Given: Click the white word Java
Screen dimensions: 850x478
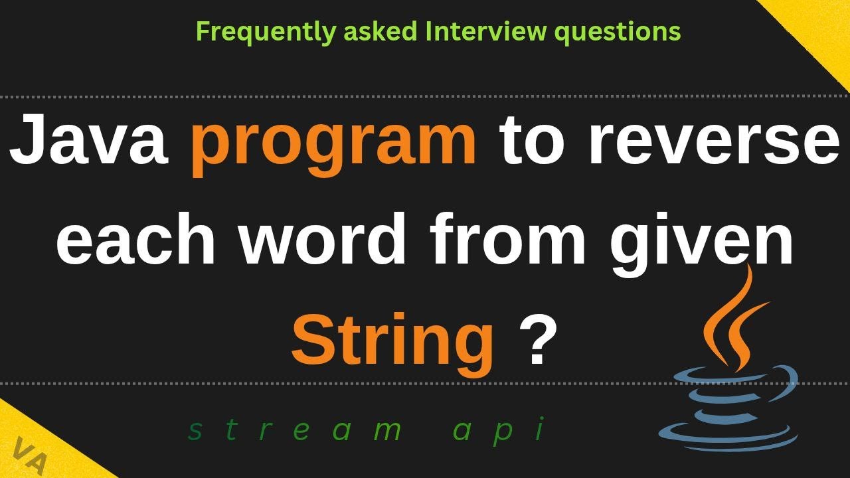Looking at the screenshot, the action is (89, 139).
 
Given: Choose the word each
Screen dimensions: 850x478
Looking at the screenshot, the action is (135, 238).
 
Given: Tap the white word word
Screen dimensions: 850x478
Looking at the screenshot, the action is (322, 238).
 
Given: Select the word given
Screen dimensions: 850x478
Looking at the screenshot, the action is (702, 244).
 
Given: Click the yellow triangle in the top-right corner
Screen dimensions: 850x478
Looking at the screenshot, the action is (825, 27).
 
